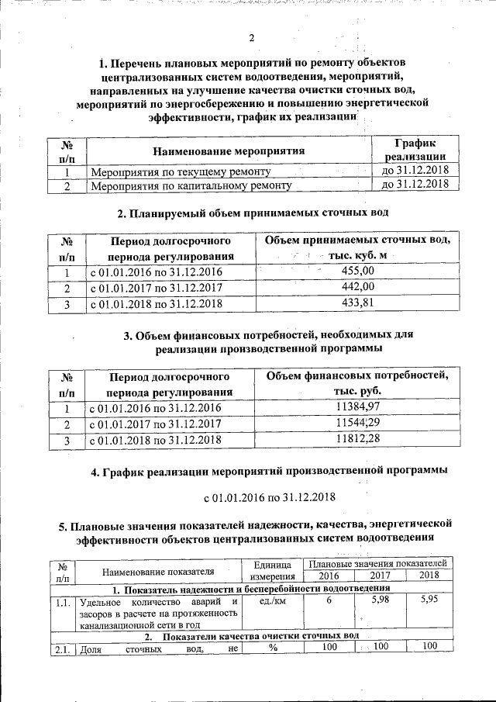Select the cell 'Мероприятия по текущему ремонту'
[181, 171]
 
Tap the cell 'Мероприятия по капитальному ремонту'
[191, 186]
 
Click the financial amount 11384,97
[357, 406]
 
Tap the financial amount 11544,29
[357, 424]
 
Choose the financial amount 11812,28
[357, 440]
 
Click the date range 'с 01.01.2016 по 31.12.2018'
[269, 496]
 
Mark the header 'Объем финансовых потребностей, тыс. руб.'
[357, 382]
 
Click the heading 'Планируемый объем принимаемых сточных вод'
[252, 213]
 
